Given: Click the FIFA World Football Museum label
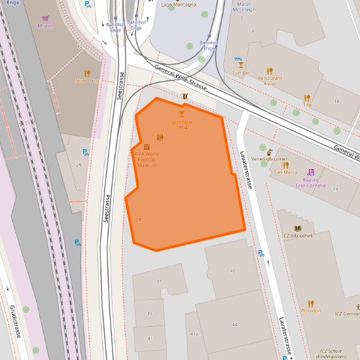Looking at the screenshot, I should (147, 160).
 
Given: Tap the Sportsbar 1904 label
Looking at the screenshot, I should (181, 124).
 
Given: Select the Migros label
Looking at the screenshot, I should (45, 26).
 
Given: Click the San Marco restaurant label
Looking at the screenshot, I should (285, 172).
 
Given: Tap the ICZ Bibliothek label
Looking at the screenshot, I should (297, 235).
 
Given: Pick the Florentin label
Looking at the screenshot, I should (310, 311).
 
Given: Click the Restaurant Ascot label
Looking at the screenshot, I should (269, 81).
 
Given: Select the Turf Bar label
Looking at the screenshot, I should (242, 73).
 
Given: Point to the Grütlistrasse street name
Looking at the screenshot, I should (14, 321).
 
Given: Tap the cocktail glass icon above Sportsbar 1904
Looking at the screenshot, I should (181, 114).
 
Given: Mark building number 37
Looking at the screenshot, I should (159, 281).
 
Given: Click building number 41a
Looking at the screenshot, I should (194, 334).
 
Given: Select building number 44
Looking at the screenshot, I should (234, 325).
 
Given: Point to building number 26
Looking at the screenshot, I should (79, 164).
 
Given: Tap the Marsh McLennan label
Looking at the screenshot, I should (244, 7).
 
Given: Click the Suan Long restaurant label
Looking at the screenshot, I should (86, 81).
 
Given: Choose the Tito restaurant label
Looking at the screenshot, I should (307, 105).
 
